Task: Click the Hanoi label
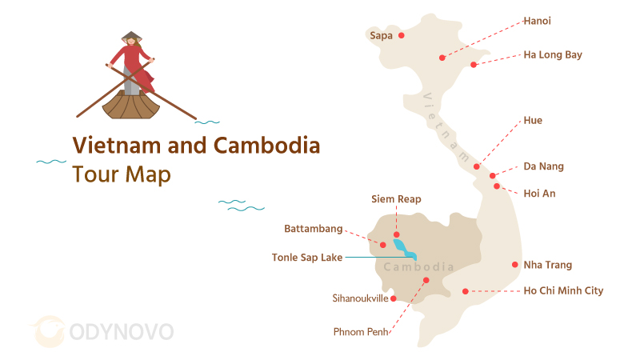point(537,21)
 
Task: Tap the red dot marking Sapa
point(402,35)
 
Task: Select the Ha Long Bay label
point(552,55)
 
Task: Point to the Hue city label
point(533,121)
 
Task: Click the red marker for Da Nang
point(493,175)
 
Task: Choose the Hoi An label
point(539,194)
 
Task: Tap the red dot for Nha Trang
point(514,265)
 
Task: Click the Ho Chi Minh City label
point(562,291)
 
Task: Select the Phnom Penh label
point(361,331)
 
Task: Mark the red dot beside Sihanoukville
point(394,298)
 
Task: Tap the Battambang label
point(314,229)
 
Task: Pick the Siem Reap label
point(396,199)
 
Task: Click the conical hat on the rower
point(131,37)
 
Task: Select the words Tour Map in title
point(122,174)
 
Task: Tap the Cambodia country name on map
point(418,267)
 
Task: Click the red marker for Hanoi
point(442,57)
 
